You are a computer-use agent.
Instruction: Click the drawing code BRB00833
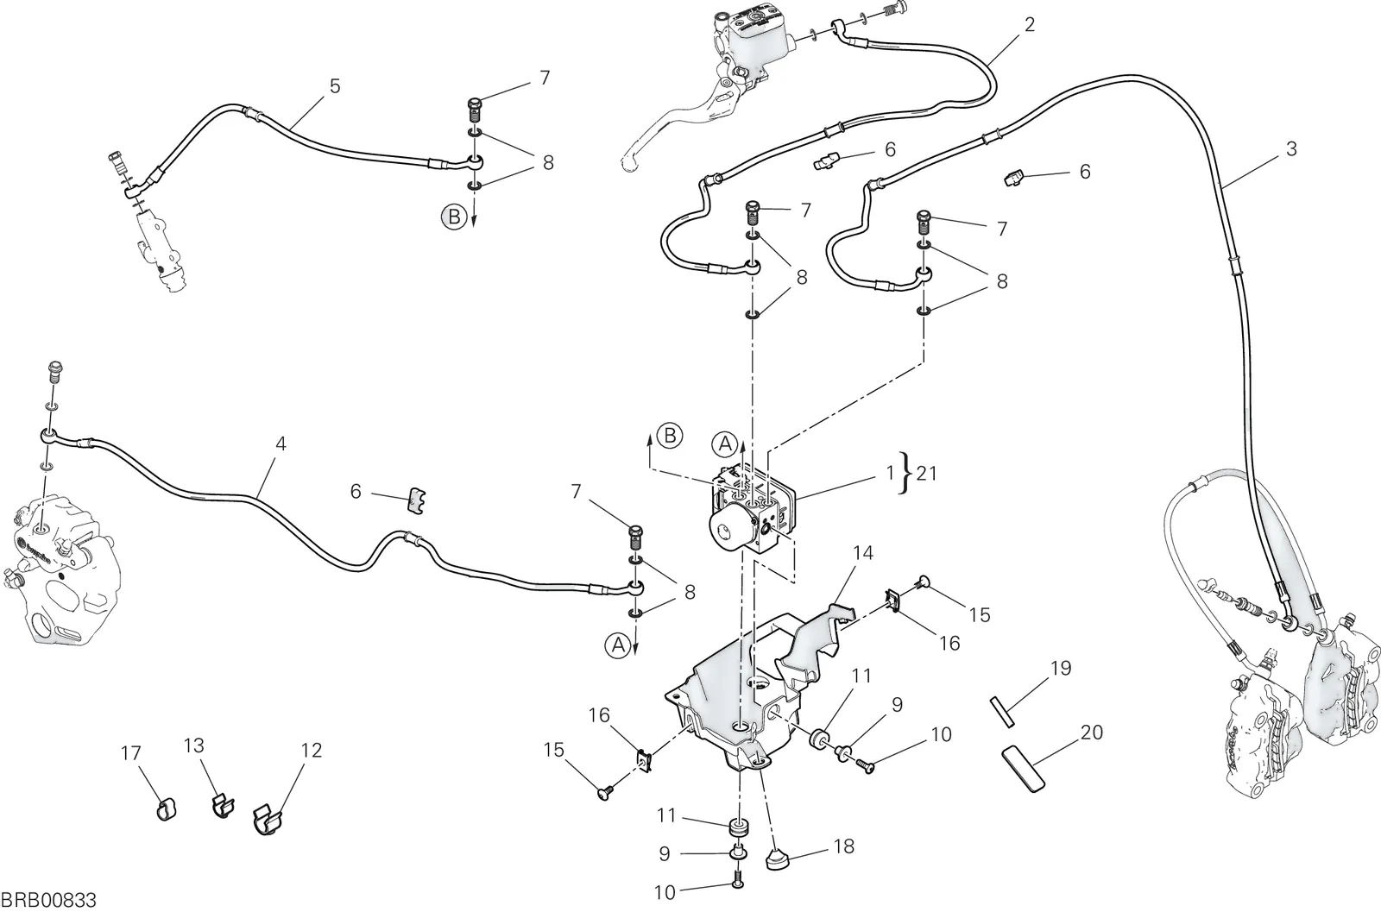48,900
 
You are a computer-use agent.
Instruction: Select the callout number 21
927,473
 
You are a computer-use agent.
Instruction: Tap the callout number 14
863,553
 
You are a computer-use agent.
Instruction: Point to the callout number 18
844,846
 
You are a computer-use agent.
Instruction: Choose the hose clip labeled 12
268,819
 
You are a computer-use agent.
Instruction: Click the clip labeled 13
220,806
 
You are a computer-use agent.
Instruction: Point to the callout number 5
335,86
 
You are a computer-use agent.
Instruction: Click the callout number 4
281,443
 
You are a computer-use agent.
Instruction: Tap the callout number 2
1029,25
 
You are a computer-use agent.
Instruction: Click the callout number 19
1061,668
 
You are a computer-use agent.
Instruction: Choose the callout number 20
1091,732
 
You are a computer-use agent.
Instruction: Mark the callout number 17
130,753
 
